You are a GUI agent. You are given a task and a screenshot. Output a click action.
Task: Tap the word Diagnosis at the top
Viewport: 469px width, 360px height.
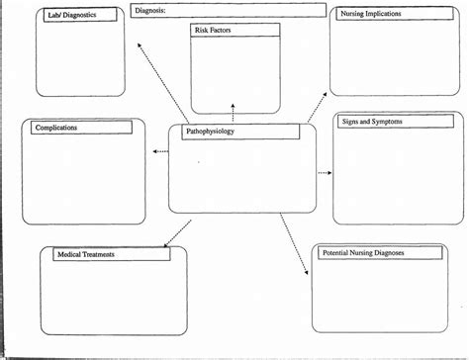[x=151, y=10]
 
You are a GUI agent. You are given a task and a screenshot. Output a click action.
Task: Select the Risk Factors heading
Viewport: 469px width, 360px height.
[x=214, y=31]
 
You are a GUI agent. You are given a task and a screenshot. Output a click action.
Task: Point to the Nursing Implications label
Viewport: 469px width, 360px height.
[x=371, y=15]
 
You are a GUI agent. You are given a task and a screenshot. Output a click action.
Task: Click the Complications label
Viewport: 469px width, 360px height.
[x=55, y=128]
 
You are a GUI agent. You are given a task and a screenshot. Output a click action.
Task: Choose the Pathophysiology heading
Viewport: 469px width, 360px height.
[x=211, y=134]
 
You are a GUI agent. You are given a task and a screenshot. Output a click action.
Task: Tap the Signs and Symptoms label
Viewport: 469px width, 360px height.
[x=372, y=121]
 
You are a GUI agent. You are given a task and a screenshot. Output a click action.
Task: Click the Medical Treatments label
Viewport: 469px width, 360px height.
[x=85, y=254]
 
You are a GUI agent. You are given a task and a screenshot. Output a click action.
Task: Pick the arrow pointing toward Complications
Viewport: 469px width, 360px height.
[x=161, y=151]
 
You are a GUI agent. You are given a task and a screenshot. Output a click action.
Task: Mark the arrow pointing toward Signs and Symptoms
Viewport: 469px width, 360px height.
[x=324, y=172]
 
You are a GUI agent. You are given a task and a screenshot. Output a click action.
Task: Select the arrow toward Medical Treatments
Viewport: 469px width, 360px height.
[x=177, y=231]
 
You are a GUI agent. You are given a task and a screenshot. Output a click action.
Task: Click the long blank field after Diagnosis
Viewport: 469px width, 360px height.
[x=247, y=10]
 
